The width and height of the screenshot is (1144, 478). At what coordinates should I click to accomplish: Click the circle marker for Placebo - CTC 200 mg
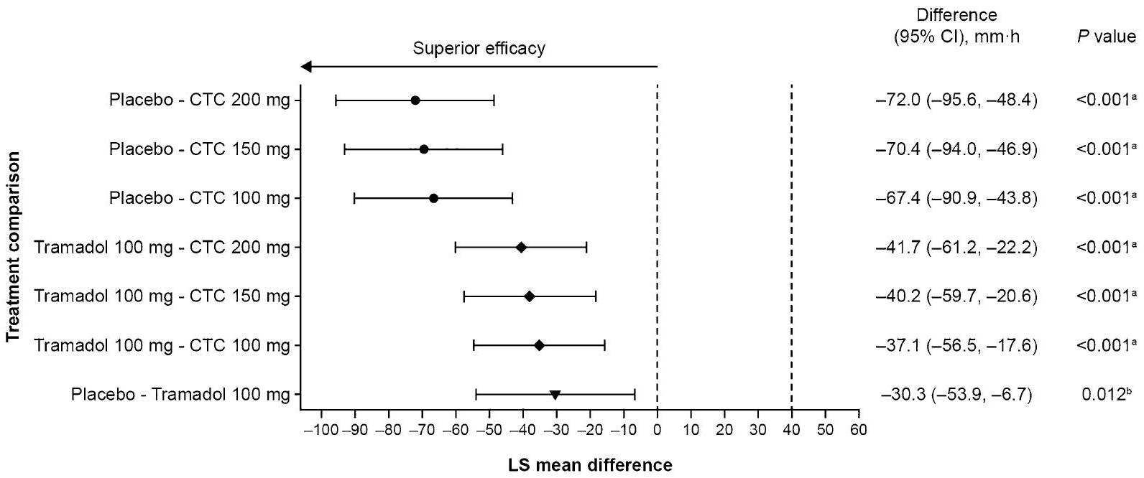(415, 100)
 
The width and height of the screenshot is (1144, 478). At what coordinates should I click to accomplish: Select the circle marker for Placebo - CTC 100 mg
(433, 198)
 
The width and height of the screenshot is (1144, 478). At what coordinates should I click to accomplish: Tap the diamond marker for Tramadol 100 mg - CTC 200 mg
(521, 248)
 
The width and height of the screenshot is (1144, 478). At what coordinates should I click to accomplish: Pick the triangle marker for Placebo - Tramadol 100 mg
(555, 395)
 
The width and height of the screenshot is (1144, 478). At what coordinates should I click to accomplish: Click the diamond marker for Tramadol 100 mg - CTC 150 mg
(530, 296)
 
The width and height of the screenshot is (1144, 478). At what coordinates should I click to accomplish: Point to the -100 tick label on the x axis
(320, 430)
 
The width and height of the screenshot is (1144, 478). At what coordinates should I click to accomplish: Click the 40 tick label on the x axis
(791, 430)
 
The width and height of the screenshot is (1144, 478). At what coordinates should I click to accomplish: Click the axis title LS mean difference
(591, 465)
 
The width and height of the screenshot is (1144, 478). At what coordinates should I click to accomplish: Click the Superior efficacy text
(479, 49)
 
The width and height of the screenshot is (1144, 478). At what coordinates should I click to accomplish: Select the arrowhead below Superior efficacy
(306, 67)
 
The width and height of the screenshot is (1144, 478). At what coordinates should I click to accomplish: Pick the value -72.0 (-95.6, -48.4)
(956, 100)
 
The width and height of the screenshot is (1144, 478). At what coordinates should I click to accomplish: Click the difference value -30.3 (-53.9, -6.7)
(956, 395)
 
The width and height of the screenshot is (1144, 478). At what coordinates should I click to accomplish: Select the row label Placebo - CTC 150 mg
(200, 149)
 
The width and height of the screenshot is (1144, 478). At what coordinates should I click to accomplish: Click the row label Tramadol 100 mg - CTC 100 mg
(162, 346)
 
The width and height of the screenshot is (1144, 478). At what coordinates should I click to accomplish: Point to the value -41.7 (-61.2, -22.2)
(956, 248)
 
